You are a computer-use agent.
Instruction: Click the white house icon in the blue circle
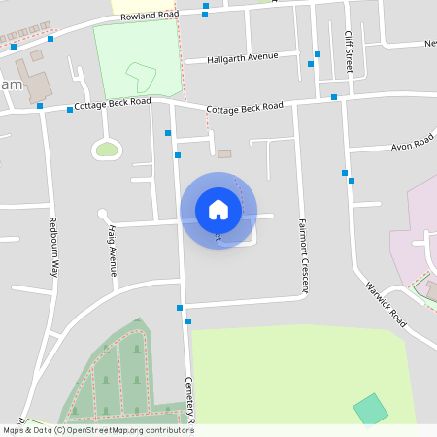(x=218, y=209)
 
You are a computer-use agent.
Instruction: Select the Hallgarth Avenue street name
(x=243, y=58)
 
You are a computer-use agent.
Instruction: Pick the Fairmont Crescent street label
(x=303, y=255)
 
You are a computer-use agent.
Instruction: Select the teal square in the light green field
(x=370, y=409)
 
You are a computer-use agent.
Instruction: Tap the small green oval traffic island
(x=107, y=149)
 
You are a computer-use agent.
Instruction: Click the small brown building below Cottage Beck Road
(x=225, y=153)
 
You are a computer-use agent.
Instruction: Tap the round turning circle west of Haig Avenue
(x=102, y=215)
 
